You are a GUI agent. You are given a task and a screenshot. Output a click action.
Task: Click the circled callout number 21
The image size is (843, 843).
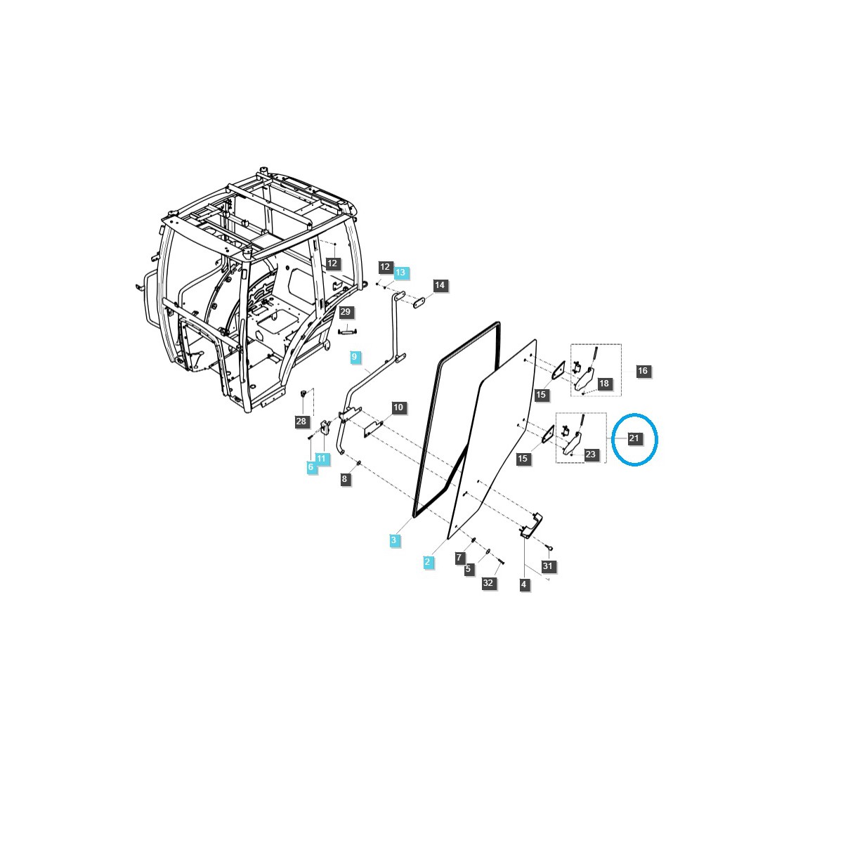(x=634, y=438)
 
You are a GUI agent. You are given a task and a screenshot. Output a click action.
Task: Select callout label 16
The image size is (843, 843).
(x=642, y=371)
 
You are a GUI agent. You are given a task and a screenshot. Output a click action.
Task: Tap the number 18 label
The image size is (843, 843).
(x=603, y=384)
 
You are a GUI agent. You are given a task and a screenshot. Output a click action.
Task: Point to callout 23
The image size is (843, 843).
(x=590, y=454)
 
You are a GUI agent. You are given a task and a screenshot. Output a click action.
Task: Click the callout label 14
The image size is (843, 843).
(x=440, y=285)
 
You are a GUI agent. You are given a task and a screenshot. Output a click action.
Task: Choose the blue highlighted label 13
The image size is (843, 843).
(x=400, y=272)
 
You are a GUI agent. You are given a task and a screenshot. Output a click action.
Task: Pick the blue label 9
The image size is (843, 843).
(x=354, y=357)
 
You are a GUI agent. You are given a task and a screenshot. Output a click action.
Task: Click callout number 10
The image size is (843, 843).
(x=398, y=407)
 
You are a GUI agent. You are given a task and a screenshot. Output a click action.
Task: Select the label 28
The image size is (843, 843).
(x=301, y=421)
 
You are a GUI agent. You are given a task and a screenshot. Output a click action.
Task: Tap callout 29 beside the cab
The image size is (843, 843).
(x=345, y=312)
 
